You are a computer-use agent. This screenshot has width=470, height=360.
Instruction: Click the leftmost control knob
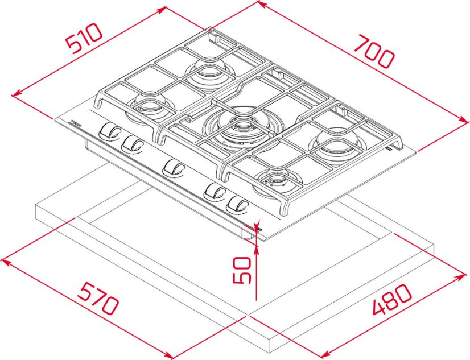(108, 131)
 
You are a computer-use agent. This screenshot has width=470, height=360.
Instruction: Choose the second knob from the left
(133, 143)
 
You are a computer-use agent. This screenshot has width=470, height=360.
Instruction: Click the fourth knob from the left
(215, 192)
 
